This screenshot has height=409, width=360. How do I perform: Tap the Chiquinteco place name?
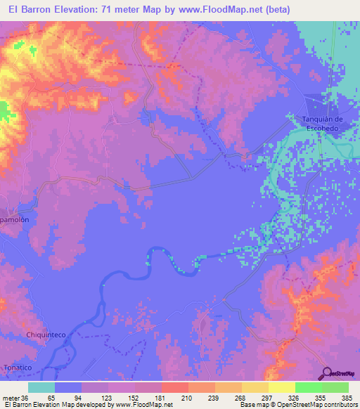click(x=46, y=335)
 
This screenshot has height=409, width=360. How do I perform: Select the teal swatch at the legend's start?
click(x=41, y=387)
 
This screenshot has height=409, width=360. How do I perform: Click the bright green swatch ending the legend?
click(x=335, y=387)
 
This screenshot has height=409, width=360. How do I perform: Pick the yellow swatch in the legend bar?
click(x=282, y=387)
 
